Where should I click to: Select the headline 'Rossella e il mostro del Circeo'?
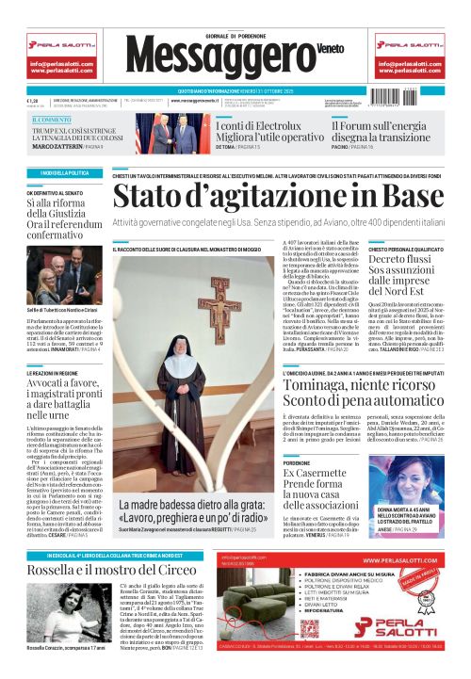(x=105, y=572)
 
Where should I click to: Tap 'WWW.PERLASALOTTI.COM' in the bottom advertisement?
(x=398, y=560)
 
